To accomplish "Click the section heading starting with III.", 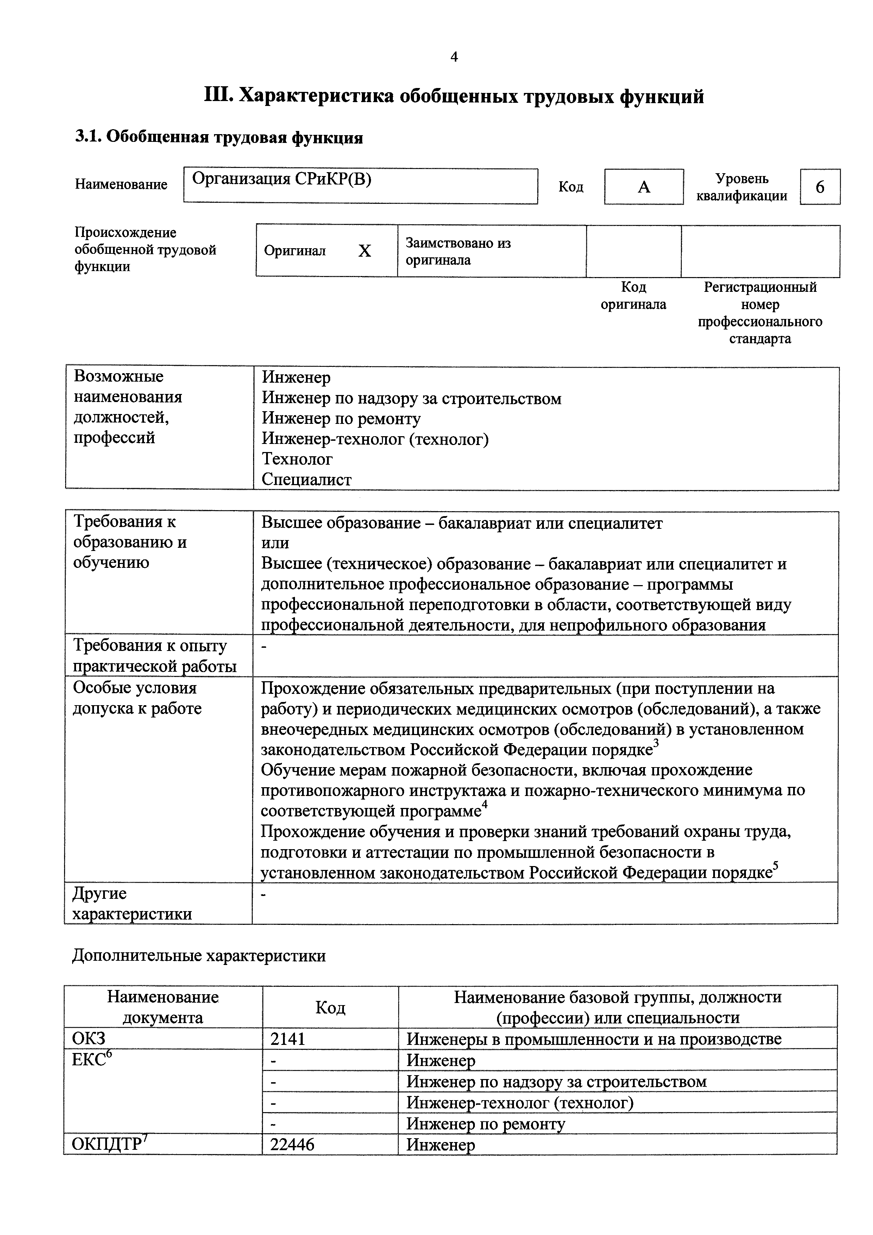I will (454, 97).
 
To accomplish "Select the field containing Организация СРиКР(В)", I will (360, 186).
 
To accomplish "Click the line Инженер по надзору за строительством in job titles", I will (412, 399).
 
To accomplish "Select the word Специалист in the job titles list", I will (307, 479).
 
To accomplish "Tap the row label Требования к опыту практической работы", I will (155, 656).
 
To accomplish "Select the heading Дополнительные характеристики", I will (199, 955).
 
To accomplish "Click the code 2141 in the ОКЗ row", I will (288, 1039).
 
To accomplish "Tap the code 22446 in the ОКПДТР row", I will (292, 1144).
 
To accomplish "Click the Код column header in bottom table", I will (330, 1007).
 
